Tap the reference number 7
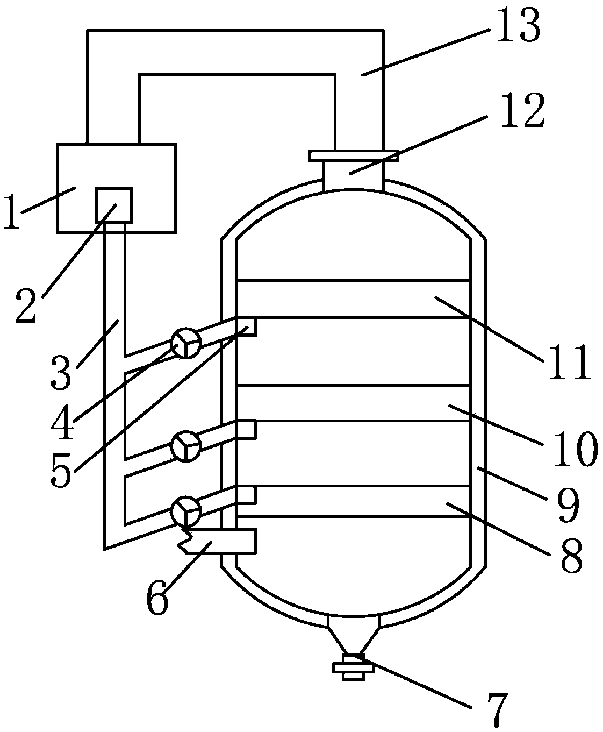493,709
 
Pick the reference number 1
11,211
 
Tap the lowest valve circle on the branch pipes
185,510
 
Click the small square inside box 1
113,205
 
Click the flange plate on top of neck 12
354,155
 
